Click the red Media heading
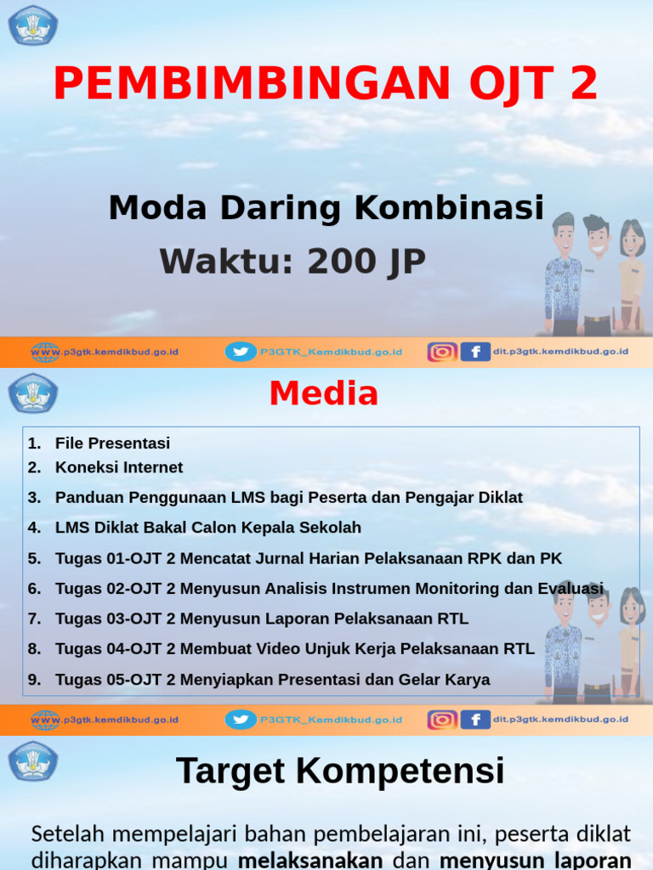point(323,393)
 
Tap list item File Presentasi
point(112,443)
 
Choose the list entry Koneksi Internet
point(118,467)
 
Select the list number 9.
point(33,680)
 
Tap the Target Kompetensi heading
point(340,771)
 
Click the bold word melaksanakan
point(310,860)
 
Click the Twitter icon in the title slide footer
point(241,352)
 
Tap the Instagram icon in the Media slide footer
point(441,720)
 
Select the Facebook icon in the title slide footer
point(475,352)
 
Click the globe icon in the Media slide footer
point(45,720)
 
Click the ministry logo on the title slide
point(33,25)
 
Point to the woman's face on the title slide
point(632,240)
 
